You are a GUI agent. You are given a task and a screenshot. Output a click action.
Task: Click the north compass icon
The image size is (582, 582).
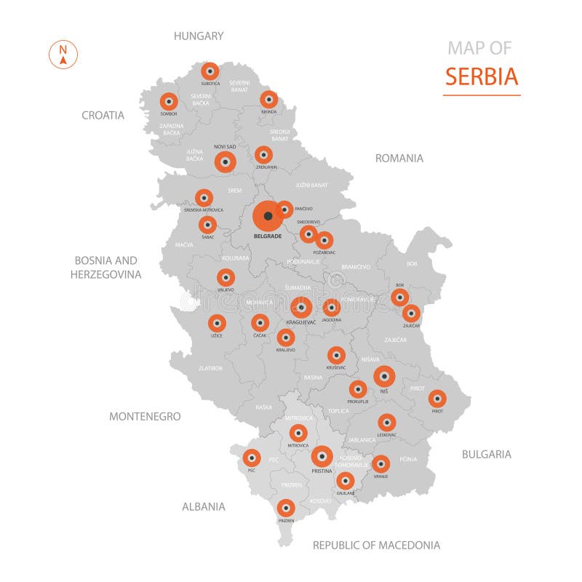click(63, 55)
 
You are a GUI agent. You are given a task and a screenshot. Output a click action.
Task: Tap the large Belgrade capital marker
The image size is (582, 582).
click(268, 216)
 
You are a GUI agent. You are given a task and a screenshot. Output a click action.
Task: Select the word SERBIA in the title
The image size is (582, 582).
click(482, 76)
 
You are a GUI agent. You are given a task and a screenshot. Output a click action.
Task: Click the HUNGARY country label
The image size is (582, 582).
click(199, 35)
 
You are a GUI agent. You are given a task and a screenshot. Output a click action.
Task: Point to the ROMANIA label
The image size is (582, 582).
click(399, 158)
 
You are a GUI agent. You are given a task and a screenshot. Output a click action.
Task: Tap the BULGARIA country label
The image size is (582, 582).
click(487, 454)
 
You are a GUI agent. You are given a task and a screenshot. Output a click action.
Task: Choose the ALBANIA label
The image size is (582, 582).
click(204, 506)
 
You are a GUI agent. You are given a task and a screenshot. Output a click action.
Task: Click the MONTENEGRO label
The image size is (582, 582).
click(145, 416)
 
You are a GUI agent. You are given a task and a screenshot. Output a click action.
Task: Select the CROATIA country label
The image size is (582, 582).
click(103, 115)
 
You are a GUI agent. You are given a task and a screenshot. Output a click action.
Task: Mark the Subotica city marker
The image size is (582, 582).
click(210, 71)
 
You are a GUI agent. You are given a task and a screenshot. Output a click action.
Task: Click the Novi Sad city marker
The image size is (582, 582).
click(226, 162)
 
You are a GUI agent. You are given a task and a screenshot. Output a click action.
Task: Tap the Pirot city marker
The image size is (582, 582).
click(437, 399)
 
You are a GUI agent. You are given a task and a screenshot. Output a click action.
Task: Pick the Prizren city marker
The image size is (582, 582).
click(286, 508)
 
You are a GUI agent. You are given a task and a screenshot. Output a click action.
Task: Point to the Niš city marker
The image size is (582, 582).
click(384, 376)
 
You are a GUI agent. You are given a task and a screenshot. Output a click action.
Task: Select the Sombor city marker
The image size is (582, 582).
click(169, 102)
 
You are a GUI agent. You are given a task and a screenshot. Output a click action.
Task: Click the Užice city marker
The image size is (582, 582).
click(217, 323)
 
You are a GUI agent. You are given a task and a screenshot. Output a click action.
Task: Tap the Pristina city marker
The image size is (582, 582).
click(322, 456)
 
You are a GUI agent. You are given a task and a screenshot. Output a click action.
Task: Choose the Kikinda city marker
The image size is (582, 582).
click(268, 99)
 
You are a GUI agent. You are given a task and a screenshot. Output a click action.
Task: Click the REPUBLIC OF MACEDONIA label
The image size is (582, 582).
click(376, 545)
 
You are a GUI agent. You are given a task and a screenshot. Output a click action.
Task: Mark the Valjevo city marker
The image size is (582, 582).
click(226, 277)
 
